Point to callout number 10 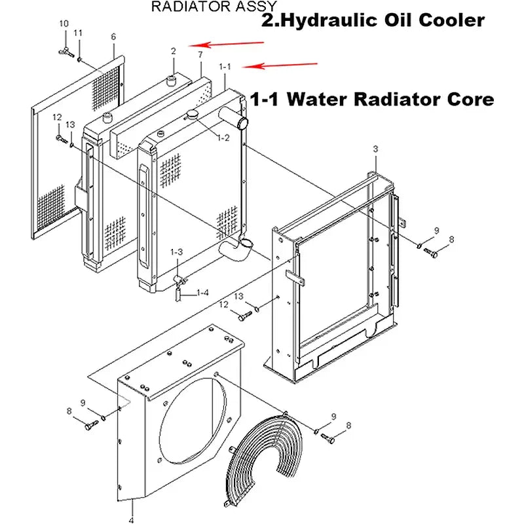(64, 24)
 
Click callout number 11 (78, 33)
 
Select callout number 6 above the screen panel (113, 36)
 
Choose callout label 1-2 (223, 138)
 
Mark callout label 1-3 (177, 252)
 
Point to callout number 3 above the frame (375, 150)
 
